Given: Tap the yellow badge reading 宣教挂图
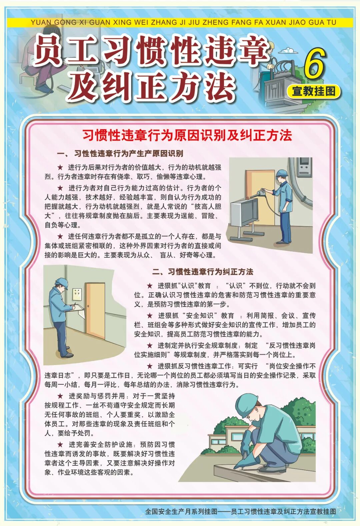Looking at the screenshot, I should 314,91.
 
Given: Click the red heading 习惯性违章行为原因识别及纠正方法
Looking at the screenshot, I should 187,135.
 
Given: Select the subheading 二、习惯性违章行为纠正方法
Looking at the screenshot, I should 203,272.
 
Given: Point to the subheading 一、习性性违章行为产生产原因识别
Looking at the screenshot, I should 120,154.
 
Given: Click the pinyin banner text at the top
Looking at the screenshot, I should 183,22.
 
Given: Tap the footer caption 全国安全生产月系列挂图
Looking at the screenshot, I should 181,511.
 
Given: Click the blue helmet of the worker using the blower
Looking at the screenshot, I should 282,173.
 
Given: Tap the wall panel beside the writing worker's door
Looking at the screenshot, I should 77,295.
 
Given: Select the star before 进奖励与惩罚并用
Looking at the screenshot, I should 60,396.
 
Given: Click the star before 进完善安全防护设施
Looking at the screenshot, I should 60,444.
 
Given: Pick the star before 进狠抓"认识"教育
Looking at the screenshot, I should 150,286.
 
